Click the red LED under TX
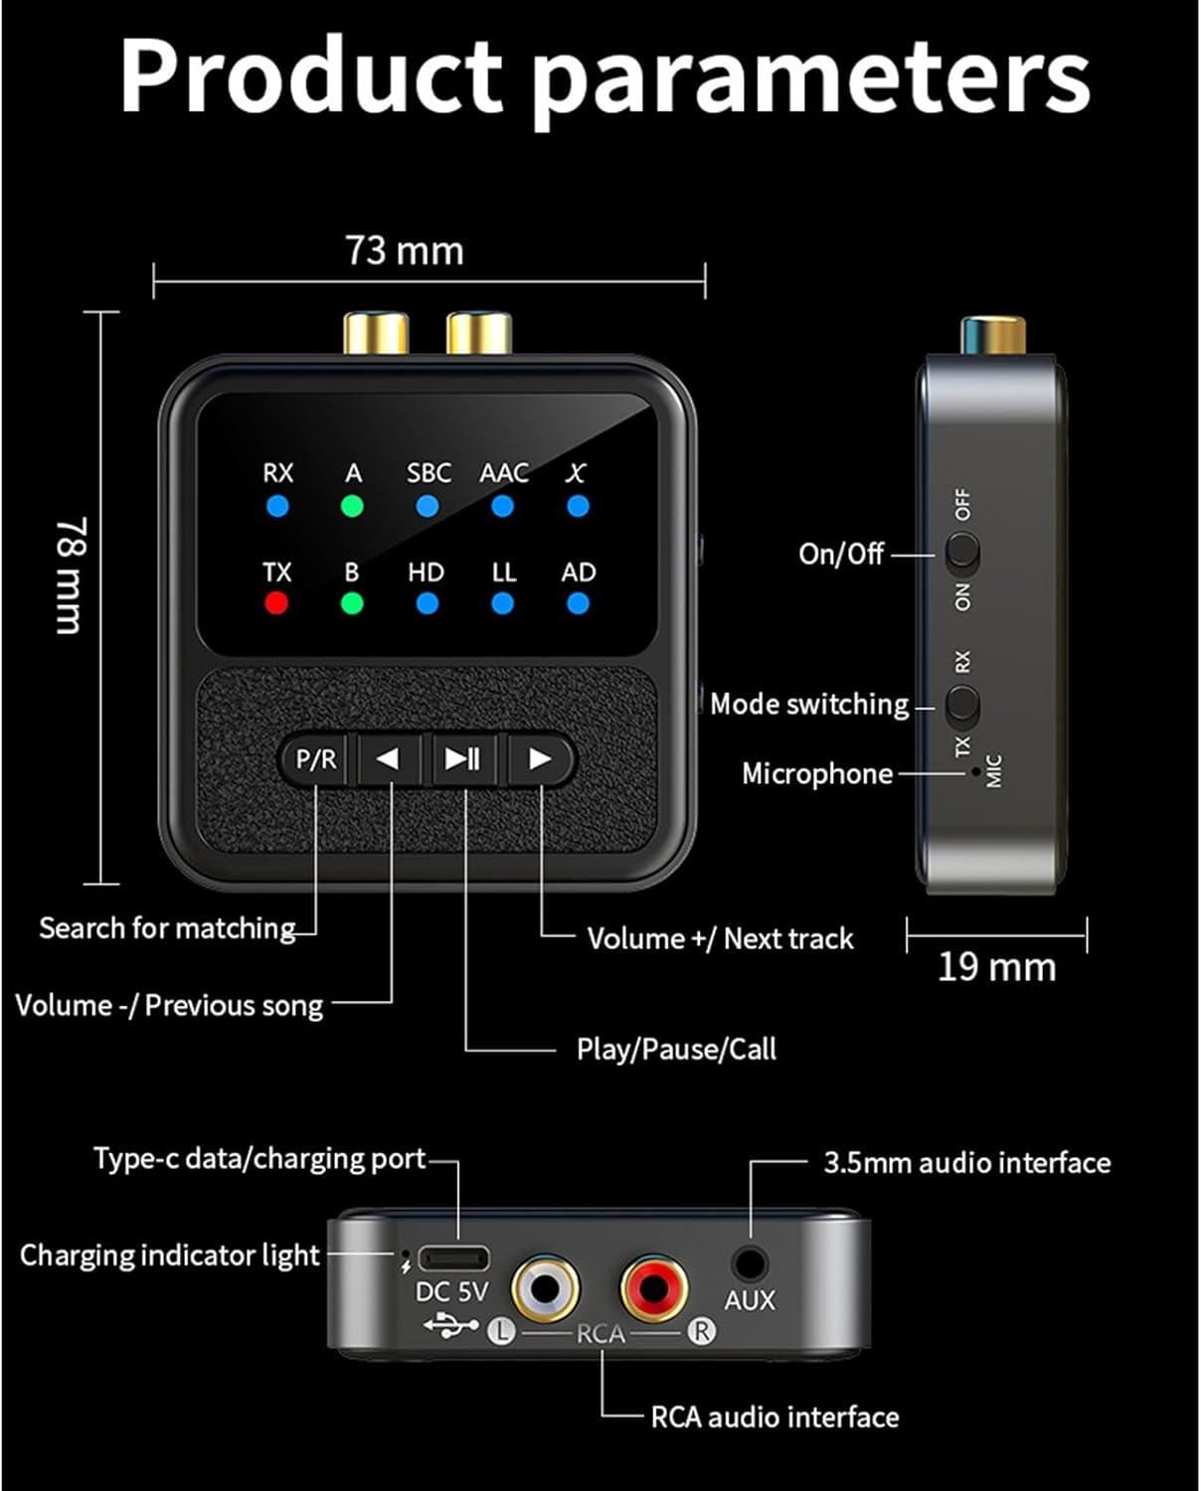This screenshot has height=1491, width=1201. coord(276,602)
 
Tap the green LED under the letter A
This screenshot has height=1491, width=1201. coord(352,507)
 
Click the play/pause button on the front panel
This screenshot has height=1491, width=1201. coord(462,758)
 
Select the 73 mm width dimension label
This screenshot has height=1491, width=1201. coord(405,250)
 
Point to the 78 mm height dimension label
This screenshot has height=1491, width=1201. coord(72,575)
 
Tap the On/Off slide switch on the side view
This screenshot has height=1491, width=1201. coord(962,553)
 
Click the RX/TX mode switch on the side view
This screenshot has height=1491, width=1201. coord(962,705)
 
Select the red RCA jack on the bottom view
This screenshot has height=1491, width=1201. coord(653,1288)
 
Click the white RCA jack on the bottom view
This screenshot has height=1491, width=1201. coord(545,1288)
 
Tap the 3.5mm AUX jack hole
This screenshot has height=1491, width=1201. coord(750,1262)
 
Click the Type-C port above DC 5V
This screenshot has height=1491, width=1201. coord(454,1258)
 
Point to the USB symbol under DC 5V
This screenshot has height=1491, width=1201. coord(451,1326)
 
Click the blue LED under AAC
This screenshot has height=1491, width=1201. coord(502,507)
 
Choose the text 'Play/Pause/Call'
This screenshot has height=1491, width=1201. coord(676,1049)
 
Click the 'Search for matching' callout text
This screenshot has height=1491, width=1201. coord(168,927)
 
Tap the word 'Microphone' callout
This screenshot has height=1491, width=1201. coord(817,774)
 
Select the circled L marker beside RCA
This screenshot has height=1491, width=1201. coord(501,1332)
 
